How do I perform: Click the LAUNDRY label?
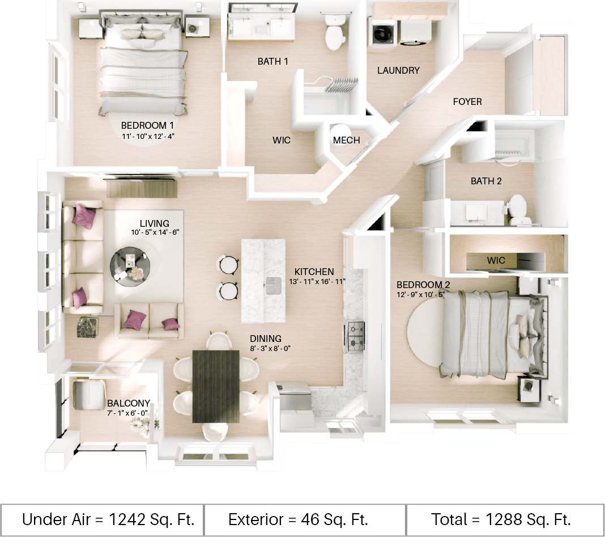(x=398, y=70)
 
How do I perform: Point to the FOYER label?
(x=467, y=102)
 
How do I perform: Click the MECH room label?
(x=346, y=140)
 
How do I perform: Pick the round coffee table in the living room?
(x=131, y=263)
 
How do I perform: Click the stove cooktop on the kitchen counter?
(x=355, y=336)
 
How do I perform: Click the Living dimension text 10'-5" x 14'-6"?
(x=155, y=232)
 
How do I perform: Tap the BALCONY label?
(x=129, y=404)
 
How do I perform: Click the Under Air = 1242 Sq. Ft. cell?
(x=108, y=519)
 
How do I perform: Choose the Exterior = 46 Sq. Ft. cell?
(x=299, y=519)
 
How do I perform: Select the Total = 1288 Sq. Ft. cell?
(x=501, y=519)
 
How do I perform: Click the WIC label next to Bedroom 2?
(x=496, y=260)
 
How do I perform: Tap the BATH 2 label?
(x=486, y=181)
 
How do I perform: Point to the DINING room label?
(x=265, y=339)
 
